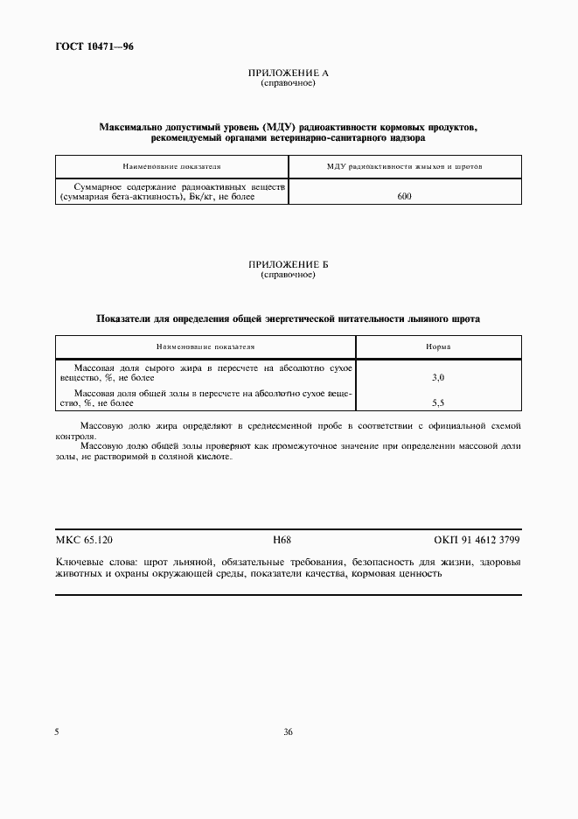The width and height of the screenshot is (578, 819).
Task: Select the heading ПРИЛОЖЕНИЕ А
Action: coord(288,73)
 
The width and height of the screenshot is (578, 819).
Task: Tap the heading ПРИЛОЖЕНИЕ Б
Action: coord(288,264)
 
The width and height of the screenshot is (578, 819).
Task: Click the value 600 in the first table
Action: coord(404,197)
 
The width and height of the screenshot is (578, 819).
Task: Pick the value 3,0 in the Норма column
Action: coord(438,376)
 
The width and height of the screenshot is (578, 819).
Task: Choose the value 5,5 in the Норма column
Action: coord(438,403)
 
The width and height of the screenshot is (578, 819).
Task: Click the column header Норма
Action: coord(438,346)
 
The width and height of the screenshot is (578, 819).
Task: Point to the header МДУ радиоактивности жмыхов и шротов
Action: coord(404,165)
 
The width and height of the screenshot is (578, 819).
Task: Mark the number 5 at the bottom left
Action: coord(57,731)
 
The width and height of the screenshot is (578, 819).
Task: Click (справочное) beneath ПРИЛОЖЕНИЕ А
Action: coord(288,83)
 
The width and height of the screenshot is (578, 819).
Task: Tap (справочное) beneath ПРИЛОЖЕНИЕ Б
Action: coord(288,274)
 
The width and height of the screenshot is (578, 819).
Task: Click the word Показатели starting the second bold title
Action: coord(125,318)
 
